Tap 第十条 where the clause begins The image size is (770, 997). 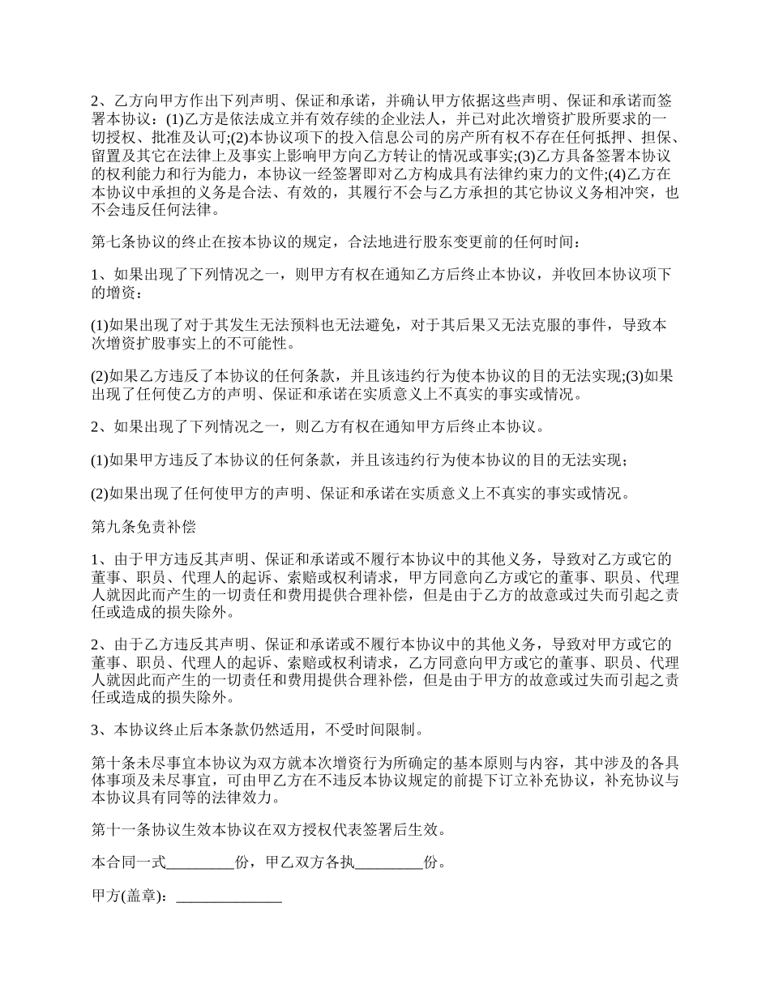coord(109,763)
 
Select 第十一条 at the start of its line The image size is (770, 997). coord(115,830)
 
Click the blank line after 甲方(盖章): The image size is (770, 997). coord(229,897)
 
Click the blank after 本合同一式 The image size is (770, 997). coord(199,862)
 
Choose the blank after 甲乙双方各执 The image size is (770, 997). coord(389,862)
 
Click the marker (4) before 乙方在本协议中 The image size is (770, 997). coord(616,174)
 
